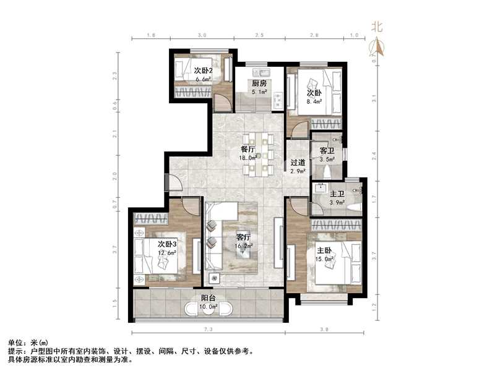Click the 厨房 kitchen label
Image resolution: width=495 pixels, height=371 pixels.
259,84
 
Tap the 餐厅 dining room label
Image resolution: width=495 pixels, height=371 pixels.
249,149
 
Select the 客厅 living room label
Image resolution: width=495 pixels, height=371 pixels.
243,236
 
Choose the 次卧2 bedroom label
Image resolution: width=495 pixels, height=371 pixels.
203,70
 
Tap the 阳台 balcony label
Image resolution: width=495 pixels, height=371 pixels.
208,297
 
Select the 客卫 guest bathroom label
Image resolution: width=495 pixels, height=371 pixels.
327,150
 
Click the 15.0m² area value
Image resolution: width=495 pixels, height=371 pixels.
325,259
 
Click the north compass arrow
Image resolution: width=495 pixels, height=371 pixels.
376,46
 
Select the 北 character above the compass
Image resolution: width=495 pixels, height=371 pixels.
376,27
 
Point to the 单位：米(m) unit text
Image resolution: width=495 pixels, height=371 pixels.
28,342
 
